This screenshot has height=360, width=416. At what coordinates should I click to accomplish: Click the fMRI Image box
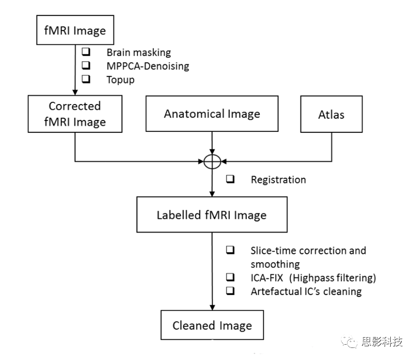(76, 31)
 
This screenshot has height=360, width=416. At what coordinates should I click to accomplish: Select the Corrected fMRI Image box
(74, 113)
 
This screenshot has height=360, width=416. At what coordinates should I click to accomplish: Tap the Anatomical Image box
(212, 114)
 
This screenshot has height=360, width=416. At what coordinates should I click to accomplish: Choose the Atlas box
(332, 114)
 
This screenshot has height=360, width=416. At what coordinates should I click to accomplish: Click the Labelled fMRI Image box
(212, 215)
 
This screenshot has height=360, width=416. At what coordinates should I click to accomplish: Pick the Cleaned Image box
(212, 326)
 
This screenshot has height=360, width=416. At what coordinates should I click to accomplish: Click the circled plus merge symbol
(212, 161)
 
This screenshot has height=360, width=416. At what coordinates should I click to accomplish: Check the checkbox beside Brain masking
(86, 53)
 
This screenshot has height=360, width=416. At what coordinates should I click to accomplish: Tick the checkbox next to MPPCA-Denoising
(86, 66)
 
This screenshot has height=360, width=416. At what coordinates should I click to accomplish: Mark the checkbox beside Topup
(86, 79)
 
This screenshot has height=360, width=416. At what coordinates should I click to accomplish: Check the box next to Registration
(230, 179)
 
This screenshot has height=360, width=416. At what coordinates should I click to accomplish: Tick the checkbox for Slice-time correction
(230, 250)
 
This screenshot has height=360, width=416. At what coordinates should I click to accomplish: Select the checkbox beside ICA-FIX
(230, 277)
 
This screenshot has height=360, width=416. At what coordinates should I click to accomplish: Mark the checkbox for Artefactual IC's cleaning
(230, 291)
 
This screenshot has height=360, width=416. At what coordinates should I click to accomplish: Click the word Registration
(278, 179)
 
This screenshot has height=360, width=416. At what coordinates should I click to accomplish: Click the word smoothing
(275, 264)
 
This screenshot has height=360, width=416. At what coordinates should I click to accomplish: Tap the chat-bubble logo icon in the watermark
(350, 342)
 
